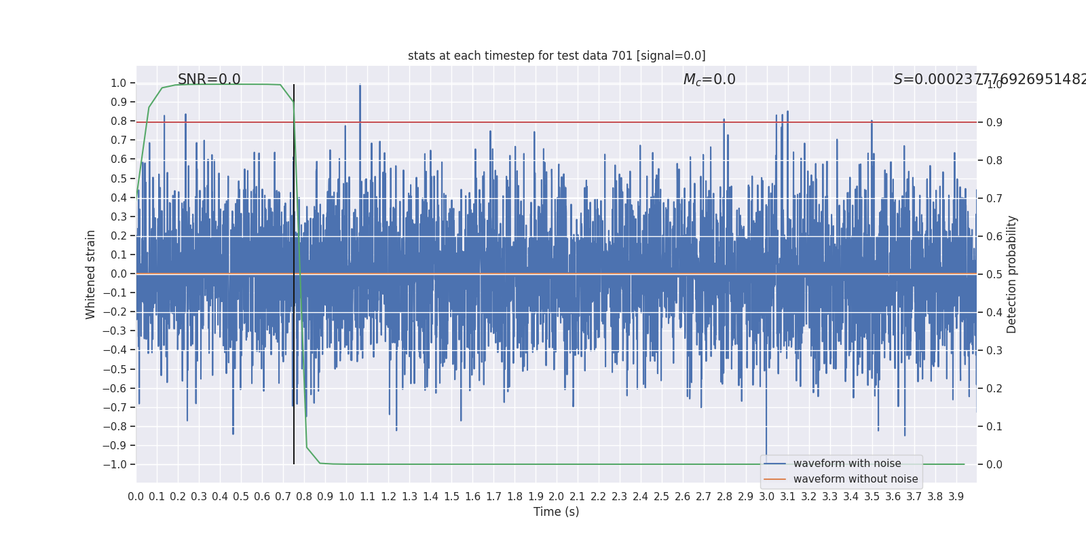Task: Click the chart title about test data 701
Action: [557, 56]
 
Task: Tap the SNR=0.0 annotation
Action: [209, 79]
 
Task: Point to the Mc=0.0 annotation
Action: [709, 79]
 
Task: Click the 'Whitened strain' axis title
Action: [91, 274]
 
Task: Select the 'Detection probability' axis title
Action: [1012, 274]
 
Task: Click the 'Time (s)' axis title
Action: [557, 512]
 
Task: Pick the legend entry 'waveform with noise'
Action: [847, 464]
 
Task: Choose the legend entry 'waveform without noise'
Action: [855, 479]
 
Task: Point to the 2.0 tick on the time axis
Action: [557, 497]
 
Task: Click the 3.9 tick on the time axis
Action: [956, 497]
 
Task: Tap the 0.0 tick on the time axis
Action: [136, 497]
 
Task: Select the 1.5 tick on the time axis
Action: [451, 497]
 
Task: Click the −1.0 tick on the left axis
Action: [115, 465]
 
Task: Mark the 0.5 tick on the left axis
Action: [119, 179]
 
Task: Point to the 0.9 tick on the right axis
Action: [994, 123]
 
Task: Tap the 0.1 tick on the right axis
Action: [994, 427]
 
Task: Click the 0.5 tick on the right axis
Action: [994, 275]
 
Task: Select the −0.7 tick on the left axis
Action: [115, 407]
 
